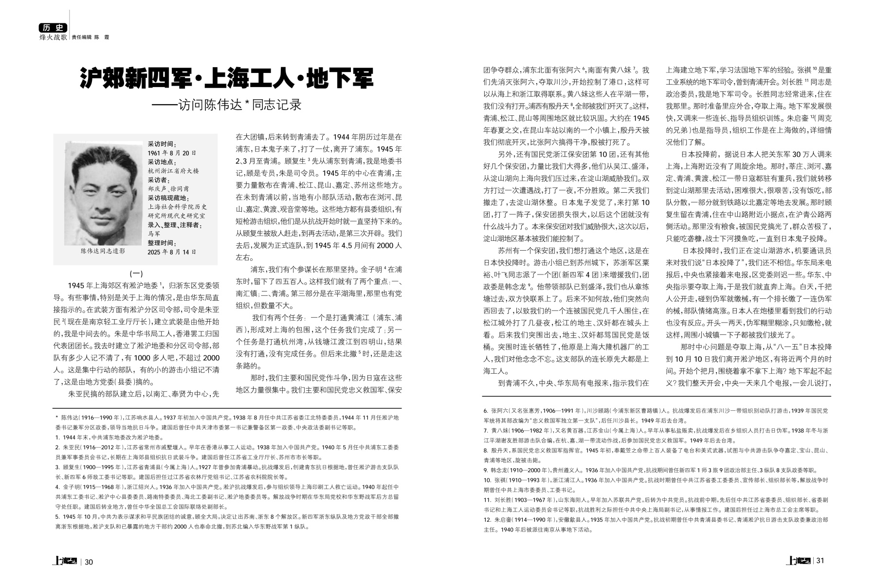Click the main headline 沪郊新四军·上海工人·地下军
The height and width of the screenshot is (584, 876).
pos(226,78)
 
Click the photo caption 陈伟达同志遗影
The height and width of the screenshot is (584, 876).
pos(103,251)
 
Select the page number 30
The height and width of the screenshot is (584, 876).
pos(89,562)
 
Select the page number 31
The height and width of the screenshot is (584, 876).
pos(820,561)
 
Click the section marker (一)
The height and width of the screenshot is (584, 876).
pos(136,274)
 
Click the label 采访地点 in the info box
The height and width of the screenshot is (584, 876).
pos(162,162)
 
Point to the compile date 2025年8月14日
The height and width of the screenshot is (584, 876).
pos(172,252)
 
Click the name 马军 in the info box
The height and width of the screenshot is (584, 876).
pos(154,234)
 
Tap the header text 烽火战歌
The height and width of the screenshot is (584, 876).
pos(53,37)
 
